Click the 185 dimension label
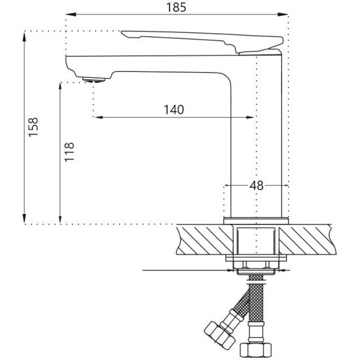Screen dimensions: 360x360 (x=176, y=7)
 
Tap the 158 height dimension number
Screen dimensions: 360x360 (x=33, y=127)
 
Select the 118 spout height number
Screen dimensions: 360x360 (x=69, y=152)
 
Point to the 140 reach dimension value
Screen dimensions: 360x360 (x=174, y=110)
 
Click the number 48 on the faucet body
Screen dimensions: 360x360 (x=257, y=185)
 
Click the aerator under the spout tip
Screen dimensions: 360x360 (x=94, y=80)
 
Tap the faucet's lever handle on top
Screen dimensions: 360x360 (x=202, y=41)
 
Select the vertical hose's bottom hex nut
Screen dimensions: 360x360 (x=256, y=350)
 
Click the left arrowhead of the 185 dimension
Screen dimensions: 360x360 (x=70, y=14)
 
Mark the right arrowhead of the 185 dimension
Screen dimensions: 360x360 (x=283, y=14)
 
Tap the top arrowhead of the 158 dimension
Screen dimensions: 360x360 (x=24, y=37)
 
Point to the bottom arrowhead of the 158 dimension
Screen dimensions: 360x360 (x=24, y=219)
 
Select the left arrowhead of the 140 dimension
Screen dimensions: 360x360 (x=99, y=117)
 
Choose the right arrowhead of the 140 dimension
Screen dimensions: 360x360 (x=249, y=117)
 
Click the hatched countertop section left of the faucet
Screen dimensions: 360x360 (x=205, y=240)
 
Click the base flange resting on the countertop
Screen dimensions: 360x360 (x=256, y=221)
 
